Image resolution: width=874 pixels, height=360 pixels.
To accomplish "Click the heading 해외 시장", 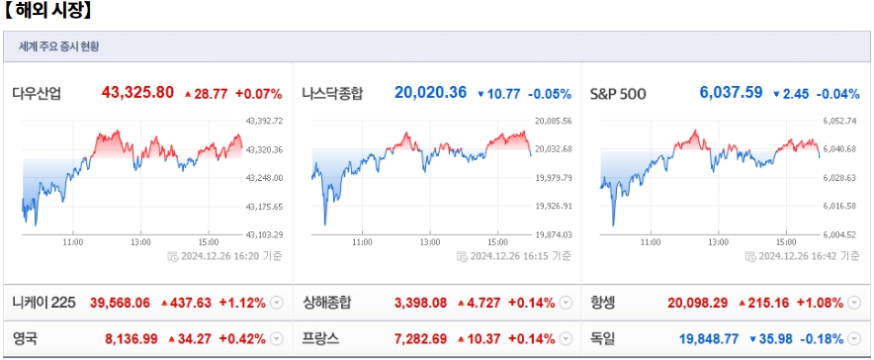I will (48, 12).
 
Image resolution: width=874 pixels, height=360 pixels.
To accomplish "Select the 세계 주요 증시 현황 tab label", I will (58, 46).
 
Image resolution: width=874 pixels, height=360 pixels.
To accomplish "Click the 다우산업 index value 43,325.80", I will (137, 93).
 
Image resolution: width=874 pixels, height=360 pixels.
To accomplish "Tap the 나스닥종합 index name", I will (331, 94).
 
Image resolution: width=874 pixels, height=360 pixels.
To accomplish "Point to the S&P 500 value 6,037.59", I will (731, 93).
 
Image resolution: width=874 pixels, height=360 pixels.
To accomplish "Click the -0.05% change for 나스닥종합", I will (550, 94).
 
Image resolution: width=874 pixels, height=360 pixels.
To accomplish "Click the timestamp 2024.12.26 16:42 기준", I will (810, 255).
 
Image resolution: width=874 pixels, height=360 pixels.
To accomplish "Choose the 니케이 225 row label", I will (44, 303).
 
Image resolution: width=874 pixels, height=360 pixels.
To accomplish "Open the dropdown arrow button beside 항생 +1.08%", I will (855, 303).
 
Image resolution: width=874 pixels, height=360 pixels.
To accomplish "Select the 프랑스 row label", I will (320, 338).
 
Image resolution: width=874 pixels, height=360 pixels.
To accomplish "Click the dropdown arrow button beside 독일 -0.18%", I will (855, 338).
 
